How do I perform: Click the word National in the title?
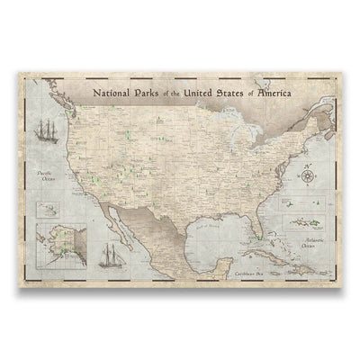point(107,92)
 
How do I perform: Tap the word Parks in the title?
point(146,92)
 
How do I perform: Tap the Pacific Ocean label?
point(48,175)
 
